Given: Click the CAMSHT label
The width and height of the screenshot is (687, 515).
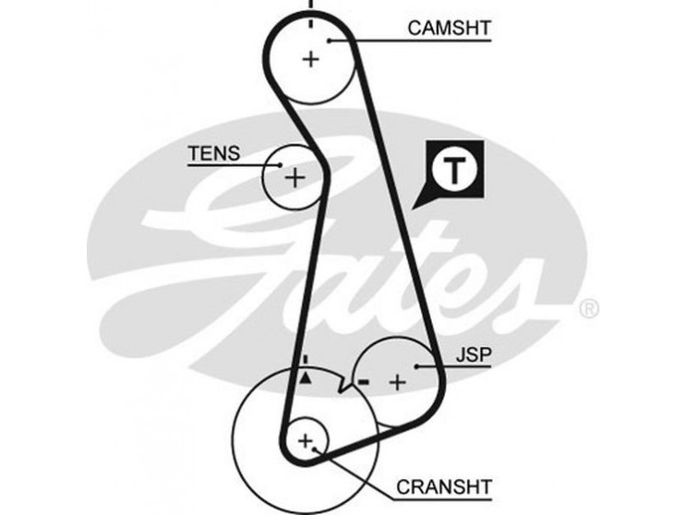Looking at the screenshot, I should coord(449,28).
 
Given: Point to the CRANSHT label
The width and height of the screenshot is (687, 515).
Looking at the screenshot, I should coord(444,488).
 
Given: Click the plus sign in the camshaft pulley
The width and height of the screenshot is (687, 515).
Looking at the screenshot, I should coord(310,59).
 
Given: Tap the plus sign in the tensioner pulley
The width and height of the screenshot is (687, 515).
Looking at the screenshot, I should coord(295,178).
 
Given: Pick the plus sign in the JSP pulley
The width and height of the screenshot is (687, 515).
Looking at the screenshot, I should coord(397,383).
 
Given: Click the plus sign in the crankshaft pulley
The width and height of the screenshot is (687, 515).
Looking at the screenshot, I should coord(305,441).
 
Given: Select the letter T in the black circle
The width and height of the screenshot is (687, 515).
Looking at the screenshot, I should coord(454,170).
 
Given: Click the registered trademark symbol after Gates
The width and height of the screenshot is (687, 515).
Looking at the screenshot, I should coord(590,307).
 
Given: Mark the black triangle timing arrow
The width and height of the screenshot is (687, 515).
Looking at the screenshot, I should coord(305,377).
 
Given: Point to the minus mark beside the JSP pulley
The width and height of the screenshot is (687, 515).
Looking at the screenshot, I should coord(364,382).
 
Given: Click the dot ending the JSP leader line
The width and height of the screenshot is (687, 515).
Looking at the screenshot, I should coord(417,367).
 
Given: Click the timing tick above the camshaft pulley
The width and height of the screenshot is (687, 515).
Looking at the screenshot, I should coord(310,5).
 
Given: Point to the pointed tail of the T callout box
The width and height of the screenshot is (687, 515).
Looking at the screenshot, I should coord(416,209).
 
